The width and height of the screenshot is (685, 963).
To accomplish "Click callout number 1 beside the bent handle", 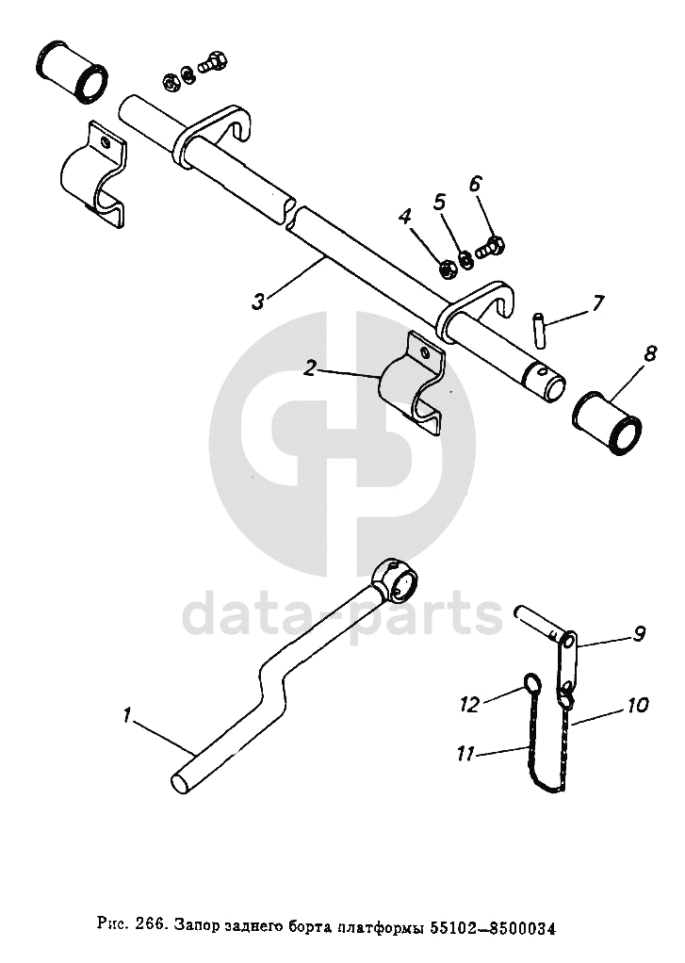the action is (x=126, y=716).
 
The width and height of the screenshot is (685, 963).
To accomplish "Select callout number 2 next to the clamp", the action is (x=310, y=369).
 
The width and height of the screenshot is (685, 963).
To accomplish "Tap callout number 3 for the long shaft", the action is (x=258, y=302).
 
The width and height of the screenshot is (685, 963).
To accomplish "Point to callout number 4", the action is (x=405, y=218).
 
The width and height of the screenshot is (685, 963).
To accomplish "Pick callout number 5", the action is (x=439, y=201).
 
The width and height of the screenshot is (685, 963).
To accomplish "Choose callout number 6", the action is (x=474, y=183).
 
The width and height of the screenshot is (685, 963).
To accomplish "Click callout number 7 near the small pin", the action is (x=598, y=303).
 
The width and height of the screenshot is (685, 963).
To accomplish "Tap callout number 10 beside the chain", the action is (x=638, y=704).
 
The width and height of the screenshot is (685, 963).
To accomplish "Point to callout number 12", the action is (x=470, y=702).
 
